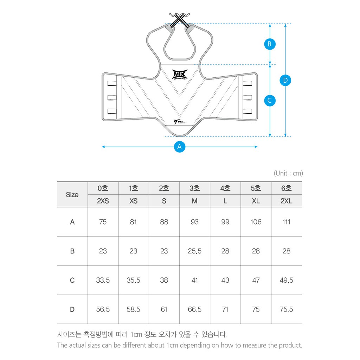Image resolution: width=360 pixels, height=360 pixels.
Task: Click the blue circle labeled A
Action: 180,147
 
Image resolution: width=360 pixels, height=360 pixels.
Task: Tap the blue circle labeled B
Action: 270,44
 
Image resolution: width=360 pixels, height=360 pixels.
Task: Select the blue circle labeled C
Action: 270,101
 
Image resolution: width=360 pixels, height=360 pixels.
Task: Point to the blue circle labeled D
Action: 285,81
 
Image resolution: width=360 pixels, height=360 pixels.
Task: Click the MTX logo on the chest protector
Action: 180,75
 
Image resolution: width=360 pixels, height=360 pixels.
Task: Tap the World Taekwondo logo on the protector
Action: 179,122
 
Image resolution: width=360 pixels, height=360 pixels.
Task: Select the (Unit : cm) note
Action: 288,173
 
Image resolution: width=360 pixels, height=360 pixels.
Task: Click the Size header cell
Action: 72,194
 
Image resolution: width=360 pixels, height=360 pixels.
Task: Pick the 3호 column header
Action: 194,188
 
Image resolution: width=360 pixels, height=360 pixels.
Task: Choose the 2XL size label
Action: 286,201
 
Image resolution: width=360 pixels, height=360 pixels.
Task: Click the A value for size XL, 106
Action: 256,222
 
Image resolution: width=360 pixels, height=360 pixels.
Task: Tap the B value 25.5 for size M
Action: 194,251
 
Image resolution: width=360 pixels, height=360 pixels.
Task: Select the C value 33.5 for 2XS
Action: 103,280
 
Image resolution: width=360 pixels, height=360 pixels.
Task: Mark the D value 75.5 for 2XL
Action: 286,309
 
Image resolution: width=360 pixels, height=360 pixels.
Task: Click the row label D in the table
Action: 72,309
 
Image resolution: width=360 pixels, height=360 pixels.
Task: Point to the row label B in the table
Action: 72,251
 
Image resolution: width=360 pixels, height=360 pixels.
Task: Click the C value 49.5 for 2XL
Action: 286,280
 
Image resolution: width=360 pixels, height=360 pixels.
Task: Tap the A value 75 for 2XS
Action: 103,222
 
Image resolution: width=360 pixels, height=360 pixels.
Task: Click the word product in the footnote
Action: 290,345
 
